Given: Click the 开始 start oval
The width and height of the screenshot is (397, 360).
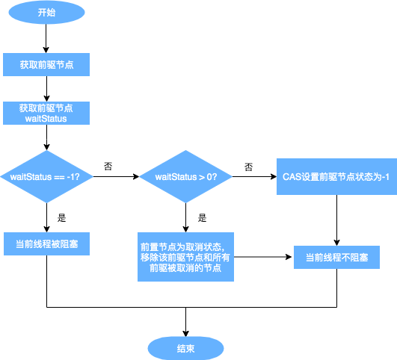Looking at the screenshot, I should coord(46,13).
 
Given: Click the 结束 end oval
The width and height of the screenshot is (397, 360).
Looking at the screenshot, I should coord(185,348).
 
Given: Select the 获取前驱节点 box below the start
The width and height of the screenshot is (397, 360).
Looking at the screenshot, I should coord(46,65).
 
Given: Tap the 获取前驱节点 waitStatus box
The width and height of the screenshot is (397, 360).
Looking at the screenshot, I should coord(46,113).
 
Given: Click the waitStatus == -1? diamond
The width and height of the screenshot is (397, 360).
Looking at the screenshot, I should coord(46,177).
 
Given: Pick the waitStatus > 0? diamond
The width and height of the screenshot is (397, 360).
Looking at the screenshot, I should coord(185,177).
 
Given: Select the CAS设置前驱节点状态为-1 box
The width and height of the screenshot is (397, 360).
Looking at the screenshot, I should coord(336,177).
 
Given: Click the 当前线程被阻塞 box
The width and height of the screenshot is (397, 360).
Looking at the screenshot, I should coord(46,244).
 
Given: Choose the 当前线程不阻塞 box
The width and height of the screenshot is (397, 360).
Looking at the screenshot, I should coord(336,258).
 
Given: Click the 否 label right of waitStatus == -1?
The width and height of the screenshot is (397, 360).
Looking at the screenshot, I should coord(108,166).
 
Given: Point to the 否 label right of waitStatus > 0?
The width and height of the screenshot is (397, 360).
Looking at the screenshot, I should coord(247,166).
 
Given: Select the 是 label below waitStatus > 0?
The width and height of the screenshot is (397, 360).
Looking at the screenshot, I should coord(202,218).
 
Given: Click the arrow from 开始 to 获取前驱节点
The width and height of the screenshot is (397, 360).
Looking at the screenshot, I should coord(46,38).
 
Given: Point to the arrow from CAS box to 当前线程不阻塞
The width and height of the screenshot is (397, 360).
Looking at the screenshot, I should coord(336,220).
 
